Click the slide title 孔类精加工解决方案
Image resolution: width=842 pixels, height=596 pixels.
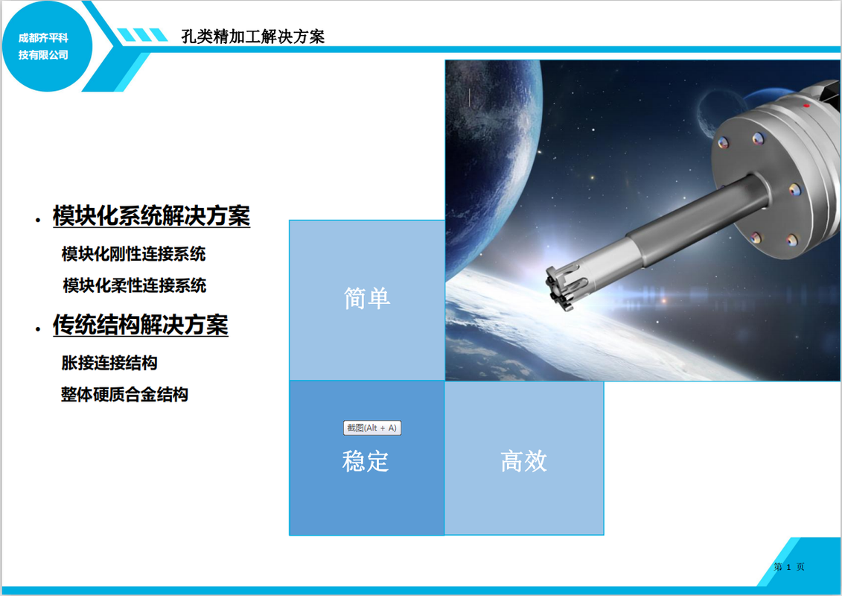(253, 37)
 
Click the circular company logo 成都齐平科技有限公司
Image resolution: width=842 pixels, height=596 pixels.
(47, 46)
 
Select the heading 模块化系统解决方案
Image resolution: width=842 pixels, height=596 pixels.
(151, 216)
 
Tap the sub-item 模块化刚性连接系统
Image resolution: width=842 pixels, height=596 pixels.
(134, 253)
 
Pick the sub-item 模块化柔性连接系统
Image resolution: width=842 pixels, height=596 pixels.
(134, 285)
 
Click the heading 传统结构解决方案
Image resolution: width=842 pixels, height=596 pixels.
(141, 325)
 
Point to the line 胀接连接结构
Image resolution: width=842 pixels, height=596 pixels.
(109, 363)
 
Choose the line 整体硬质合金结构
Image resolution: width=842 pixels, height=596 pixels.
(124, 394)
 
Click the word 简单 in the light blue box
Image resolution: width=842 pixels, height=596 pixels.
(367, 298)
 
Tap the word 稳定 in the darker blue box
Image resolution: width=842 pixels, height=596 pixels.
(366, 461)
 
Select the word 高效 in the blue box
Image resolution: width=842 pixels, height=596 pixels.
(524, 461)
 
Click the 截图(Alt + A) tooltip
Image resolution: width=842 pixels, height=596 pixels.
(372, 428)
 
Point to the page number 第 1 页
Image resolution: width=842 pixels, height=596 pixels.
(789, 566)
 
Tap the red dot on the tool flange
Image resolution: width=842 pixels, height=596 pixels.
(806, 106)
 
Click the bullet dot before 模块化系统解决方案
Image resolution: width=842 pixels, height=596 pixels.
(37, 219)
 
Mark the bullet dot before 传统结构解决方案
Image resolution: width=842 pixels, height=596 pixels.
(37, 329)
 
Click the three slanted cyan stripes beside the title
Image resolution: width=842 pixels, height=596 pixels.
(142, 35)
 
